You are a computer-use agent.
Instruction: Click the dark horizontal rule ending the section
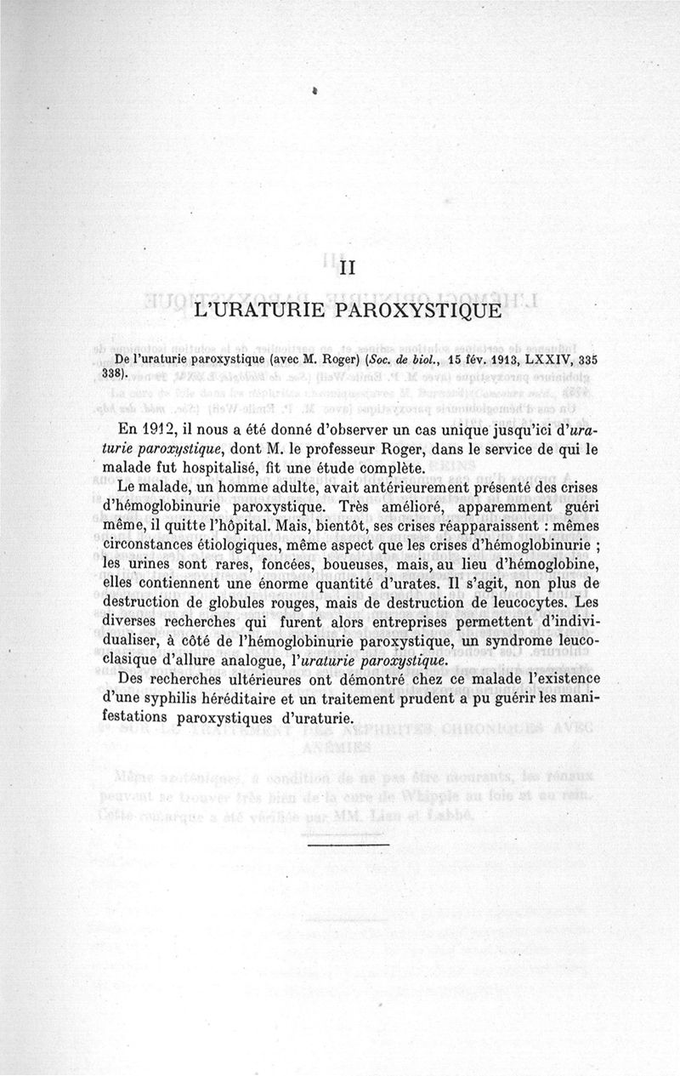pyautogui.click(x=346, y=843)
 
